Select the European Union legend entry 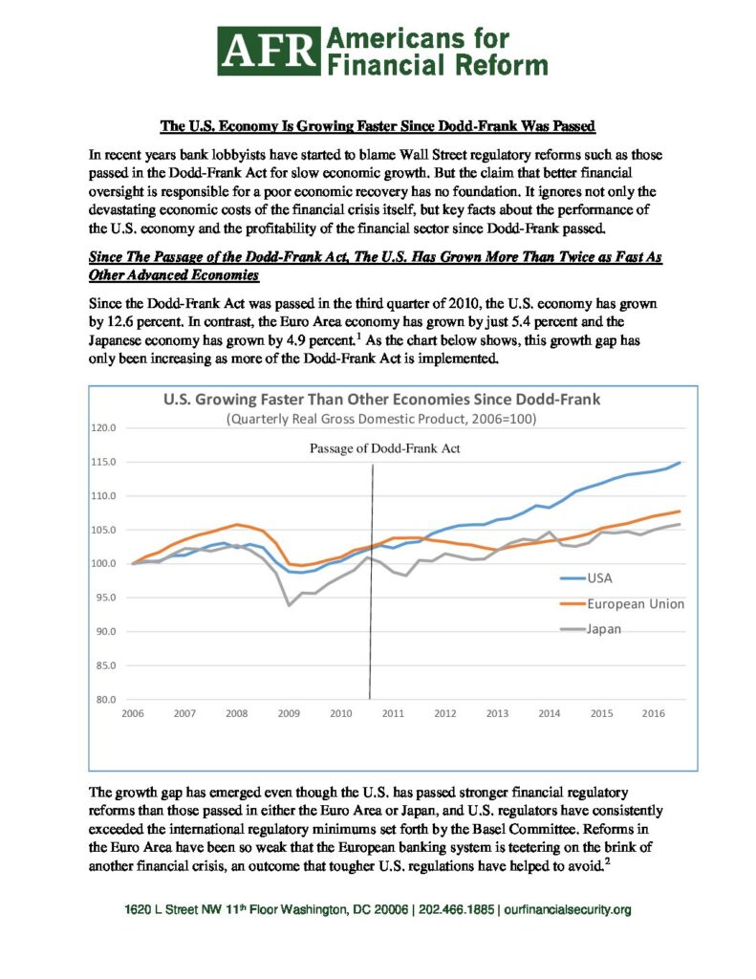coord(622,604)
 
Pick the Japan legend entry coord(591,629)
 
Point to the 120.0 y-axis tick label coord(103,427)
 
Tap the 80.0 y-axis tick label coord(105,699)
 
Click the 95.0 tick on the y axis coord(105,598)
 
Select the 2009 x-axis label coord(289,713)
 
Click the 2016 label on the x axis coord(654,713)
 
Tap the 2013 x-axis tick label coord(497,713)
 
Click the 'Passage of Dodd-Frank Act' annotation coord(384,448)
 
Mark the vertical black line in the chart coord(372,582)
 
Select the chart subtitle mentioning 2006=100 coord(380,419)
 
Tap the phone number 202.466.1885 coord(456,909)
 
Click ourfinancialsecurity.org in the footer coord(567,909)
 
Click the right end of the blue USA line coord(680,463)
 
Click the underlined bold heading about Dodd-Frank coord(378,126)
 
